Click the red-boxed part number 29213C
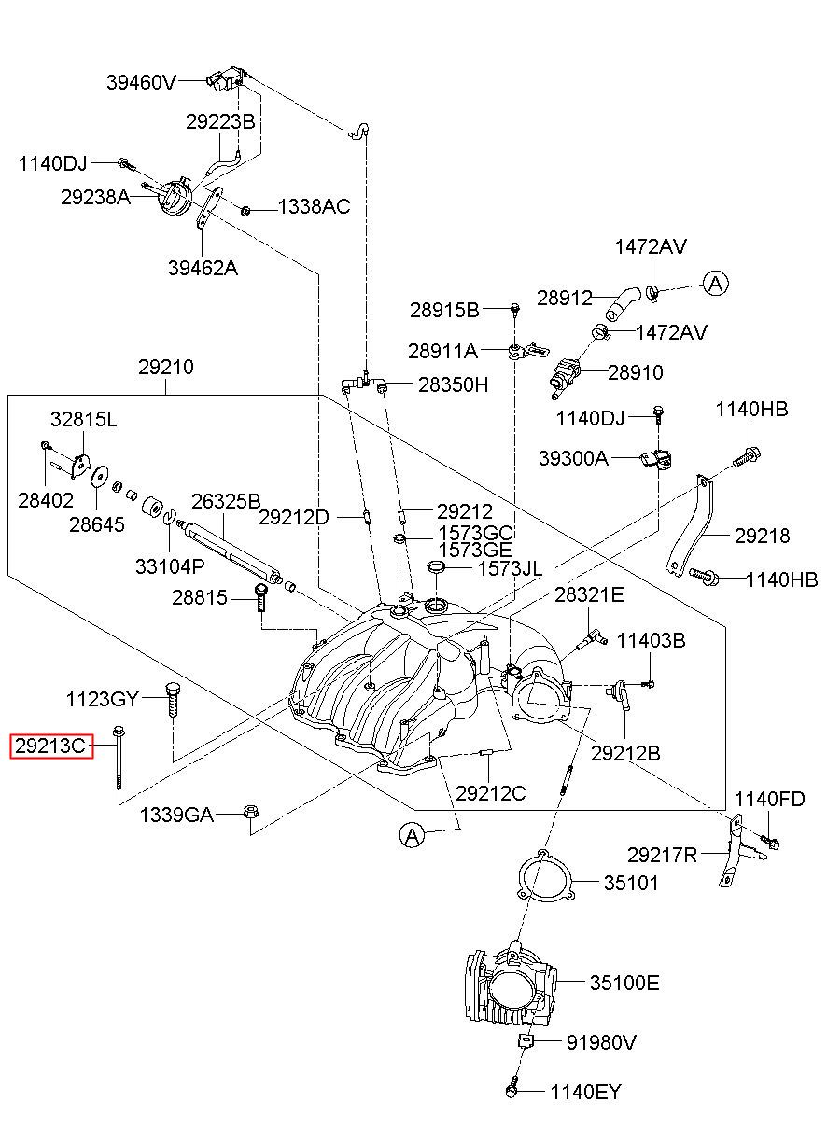tap(51, 746)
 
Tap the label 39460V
tap(141, 82)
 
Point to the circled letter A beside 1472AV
tap(716, 285)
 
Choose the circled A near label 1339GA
tap(413, 836)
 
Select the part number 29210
tap(166, 368)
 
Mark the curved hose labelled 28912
tap(624, 302)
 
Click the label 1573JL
tap(510, 569)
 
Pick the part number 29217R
tap(662, 855)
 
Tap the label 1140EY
tap(585, 1093)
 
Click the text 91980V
tap(601, 1042)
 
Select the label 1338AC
tap(315, 206)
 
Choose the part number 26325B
tap(226, 501)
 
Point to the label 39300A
tap(574, 458)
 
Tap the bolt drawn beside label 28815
tap(260, 597)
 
